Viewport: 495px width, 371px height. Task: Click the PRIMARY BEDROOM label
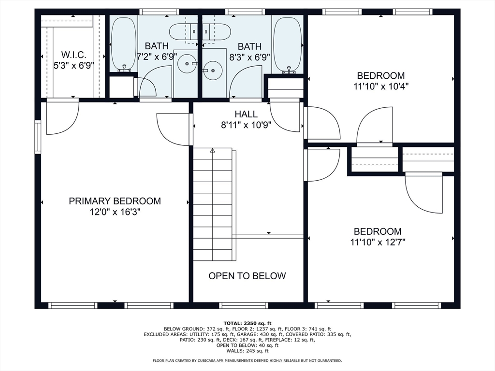(x=115, y=201)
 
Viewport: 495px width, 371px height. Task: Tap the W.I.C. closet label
(x=73, y=55)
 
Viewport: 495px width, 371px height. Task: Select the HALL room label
(x=246, y=114)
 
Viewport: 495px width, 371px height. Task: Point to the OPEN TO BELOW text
(x=247, y=276)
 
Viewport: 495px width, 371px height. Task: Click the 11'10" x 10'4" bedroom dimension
(x=381, y=86)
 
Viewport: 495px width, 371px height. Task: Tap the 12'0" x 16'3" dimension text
(x=115, y=212)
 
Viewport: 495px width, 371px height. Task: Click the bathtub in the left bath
(x=124, y=44)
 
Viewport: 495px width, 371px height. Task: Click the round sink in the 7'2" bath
(x=185, y=63)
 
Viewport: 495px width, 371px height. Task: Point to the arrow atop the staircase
(x=212, y=151)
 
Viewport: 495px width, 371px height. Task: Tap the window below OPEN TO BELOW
(x=243, y=305)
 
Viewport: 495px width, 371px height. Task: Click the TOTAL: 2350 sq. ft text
(x=247, y=323)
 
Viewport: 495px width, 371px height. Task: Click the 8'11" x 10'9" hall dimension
(x=246, y=126)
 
